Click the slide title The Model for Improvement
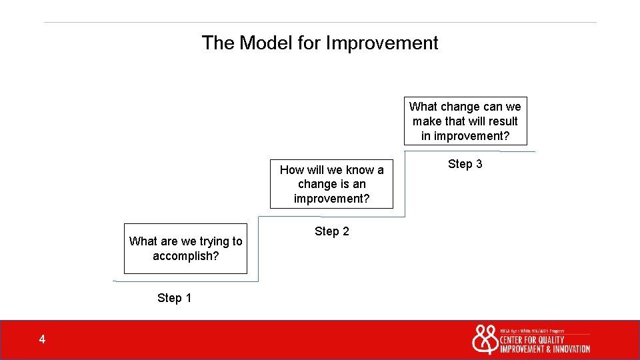click(x=320, y=43)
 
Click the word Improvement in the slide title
click(x=382, y=43)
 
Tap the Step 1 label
click(x=174, y=298)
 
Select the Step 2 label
click(x=331, y=231)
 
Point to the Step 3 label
click(x=465, y=164)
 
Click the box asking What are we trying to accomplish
click(x=185, y=249)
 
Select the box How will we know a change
click(x=331, y=184)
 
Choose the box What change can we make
click(x=465, y=121)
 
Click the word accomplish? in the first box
click(x=185, y=256)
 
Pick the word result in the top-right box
click(x=502, y=121)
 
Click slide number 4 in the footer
click(x=42, y=340)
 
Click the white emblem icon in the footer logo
click(x=485, y=339)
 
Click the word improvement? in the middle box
click(x=331, y=199)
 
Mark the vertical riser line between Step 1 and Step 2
click(x=258, y=247)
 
